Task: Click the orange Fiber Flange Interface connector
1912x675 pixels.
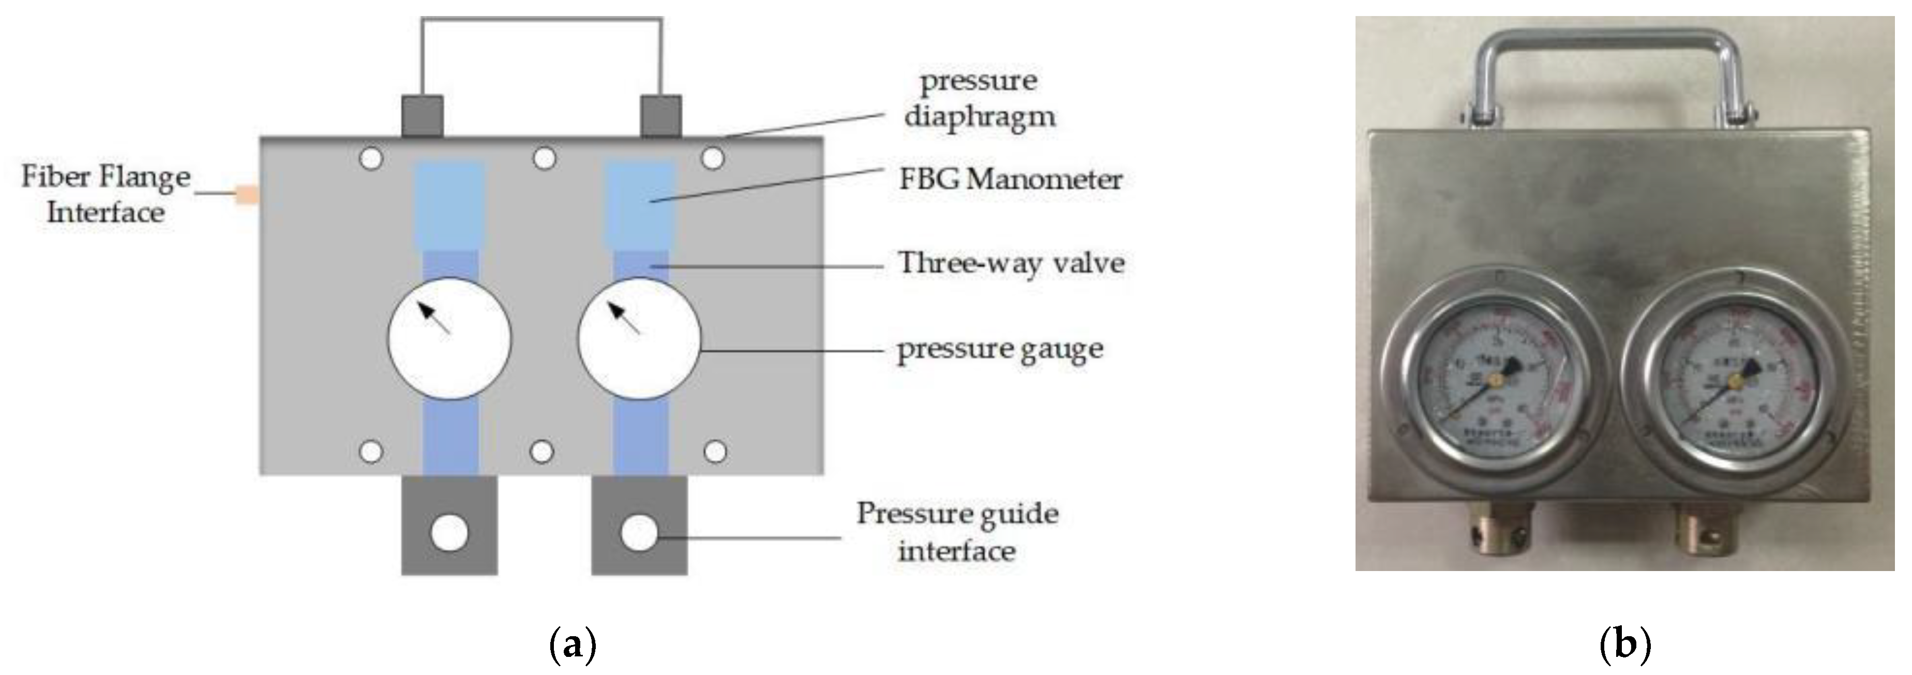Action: [x=247, y=196]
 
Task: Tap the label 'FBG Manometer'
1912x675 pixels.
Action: [x=1010, y=179]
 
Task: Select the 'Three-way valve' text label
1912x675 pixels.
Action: [x=1011, y=263]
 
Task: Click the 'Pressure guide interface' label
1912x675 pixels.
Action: [x=957, y=532]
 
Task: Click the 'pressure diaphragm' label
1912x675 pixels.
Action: [x=979, y=98]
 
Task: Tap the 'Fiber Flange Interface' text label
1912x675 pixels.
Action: [x=106, y=194]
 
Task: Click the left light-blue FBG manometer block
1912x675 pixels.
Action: [x=449, y=205]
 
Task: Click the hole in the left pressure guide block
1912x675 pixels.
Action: [x=449, y=533]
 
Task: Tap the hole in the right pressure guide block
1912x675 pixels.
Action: [x=639, y=533]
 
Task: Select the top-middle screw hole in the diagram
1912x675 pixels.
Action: [x=545, y=158]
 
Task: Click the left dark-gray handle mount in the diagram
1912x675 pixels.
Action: [x=423, y=116]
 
